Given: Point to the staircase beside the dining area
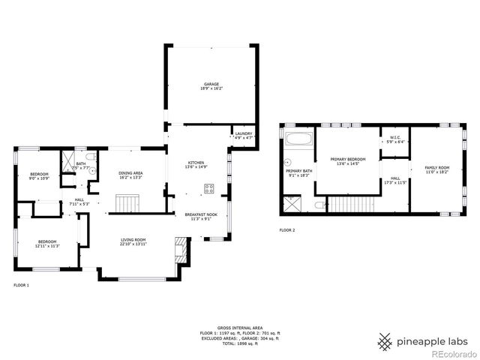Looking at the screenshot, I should pos(127,202).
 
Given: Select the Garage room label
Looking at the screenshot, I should pos(211,85).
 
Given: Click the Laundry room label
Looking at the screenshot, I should pos(243,134).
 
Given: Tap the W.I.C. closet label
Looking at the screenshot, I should pos(394,138).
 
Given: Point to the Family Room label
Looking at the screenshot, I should pos(436,167).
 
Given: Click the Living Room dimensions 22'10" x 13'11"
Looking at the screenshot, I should pos(134,245).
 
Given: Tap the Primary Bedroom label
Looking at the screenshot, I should pos(348,159).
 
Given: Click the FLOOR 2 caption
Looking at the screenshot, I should pos(287,230).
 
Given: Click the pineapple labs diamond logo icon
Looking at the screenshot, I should pos(385,342).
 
